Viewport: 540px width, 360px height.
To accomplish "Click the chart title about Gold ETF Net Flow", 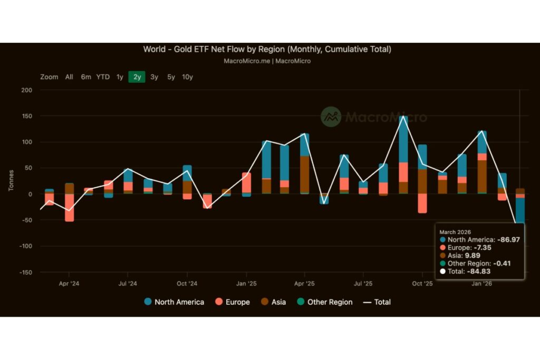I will point(267,50).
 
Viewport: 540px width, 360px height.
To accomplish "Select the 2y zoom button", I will point(137,77).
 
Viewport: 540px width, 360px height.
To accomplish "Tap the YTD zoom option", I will point(103,77).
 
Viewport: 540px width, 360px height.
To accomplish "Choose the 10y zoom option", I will point(187,77).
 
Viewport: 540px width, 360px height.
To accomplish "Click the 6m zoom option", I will point(86,77).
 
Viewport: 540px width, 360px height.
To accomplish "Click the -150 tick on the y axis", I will point(25,273).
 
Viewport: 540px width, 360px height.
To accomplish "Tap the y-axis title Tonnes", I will point(11,181).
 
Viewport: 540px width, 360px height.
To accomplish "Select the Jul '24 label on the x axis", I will point(128,284).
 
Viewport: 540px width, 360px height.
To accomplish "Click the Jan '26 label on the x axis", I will point(482,284).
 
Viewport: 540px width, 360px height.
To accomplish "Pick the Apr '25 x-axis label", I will point(304,284).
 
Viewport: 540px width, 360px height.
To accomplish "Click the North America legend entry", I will point(174,302).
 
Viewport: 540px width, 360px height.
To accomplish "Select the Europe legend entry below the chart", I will point(233,302).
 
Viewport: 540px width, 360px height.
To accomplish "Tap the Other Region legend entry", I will point(325,302).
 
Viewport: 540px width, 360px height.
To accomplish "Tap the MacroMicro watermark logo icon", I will point(331,117).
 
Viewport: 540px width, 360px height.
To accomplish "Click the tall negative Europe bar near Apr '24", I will point(69,208).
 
